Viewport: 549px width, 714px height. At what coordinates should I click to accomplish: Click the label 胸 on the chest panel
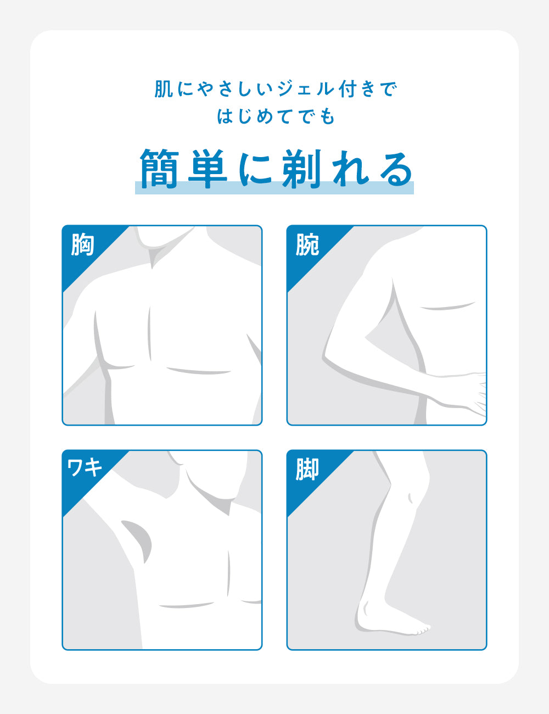(x=83, y=245)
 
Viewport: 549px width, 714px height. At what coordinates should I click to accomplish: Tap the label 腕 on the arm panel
(x=307, y=245)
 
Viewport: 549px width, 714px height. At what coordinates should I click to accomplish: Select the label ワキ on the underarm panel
(x=85, y=468)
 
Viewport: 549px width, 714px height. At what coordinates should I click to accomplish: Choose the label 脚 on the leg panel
(x=307, y=470)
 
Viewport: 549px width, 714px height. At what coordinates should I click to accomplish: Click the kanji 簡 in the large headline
(x=160, y=169)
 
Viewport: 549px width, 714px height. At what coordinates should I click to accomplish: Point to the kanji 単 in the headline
(x=208, y=169)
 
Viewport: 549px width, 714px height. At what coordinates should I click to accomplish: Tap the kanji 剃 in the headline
(x=301, y=169)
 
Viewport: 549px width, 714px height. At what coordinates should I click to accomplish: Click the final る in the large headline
(x=396, y=169)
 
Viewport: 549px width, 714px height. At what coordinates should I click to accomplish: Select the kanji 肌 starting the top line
(x=164, y=89)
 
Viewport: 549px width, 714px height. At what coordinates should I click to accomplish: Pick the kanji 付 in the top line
(x=349, y=89)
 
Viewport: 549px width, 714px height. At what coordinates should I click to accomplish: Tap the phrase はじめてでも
(x=276, y=116)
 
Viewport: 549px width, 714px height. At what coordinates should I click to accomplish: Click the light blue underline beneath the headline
(x=274, y=188)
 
